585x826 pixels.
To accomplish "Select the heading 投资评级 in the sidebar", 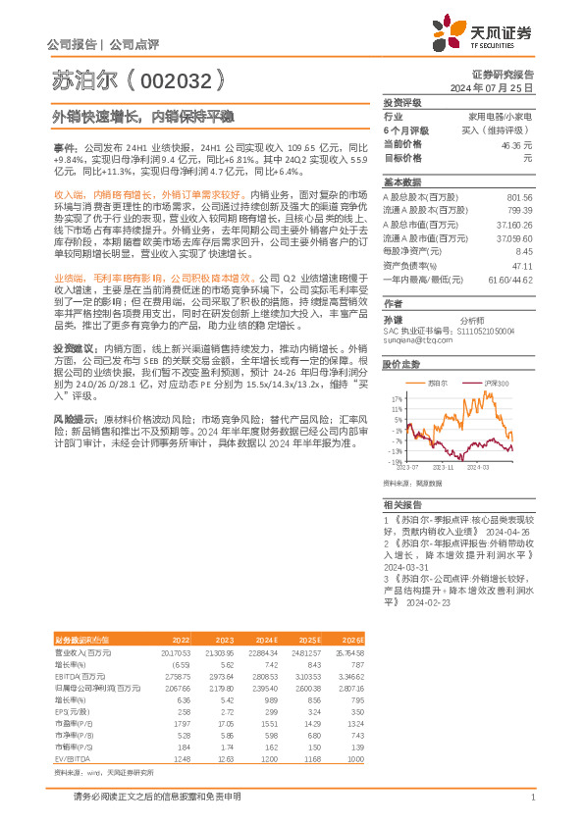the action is (x=401, y=102).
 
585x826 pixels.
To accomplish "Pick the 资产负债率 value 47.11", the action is (x=522, y=265).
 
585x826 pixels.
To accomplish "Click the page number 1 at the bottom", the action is (x=532, y=797).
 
